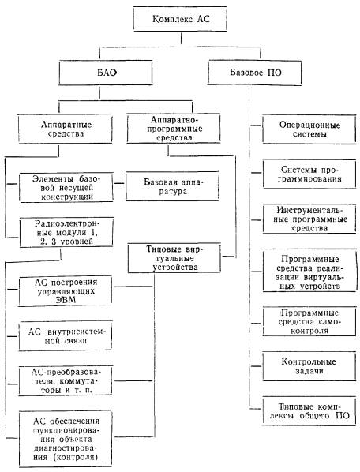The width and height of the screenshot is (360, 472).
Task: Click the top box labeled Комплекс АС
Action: point(180,19)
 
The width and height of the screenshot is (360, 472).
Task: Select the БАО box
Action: point(106,73)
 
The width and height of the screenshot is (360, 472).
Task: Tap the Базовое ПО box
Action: point(255,73)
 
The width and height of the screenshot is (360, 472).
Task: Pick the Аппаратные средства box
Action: point(66,129)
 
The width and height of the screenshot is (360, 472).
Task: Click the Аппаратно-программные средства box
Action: point(174,129)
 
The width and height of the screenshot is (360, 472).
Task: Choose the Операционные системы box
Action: point(309,129)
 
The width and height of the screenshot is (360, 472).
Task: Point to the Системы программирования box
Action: point(309,174)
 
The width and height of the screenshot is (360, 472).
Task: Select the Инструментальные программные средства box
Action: point(309,219)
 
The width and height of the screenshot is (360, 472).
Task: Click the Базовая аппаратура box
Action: point(172,186)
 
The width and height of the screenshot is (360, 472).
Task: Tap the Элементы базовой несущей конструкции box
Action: point(66,187)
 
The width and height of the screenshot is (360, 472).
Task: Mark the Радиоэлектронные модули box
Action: point(66,232)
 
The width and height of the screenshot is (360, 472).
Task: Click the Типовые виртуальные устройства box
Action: point(174,258)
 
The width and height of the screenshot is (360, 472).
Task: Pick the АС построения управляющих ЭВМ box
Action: point(66,291)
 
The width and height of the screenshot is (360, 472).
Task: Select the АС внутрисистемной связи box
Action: point(66,336)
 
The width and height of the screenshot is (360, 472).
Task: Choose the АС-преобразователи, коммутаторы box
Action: point(66,380)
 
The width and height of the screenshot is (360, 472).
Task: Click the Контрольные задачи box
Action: point(309,366)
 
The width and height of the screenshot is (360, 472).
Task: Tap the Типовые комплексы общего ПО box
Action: point(309,411)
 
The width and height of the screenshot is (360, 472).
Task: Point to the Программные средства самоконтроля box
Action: point(309,321)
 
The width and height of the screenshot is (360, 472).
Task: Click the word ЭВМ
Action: point(66,300)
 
